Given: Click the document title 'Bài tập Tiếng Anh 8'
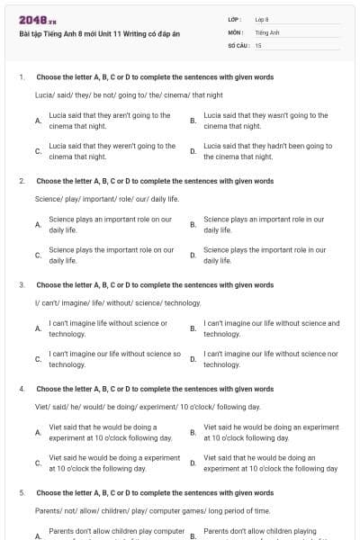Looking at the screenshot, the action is pos(89,33).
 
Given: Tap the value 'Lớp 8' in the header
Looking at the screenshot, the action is pos(262,19).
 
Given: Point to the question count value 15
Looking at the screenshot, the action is pos(258,44).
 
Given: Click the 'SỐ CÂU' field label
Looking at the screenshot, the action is pos(238,44).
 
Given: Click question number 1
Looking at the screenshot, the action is pos(20,77).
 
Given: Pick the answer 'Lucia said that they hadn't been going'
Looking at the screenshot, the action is pos(267,150).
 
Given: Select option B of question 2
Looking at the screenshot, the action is pos(264,224).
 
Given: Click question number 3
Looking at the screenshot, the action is pos(20,284).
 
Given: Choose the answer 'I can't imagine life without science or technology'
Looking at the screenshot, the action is pos(107,328).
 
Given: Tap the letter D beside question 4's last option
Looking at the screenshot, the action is pos(193,463).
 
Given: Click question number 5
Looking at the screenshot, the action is pos(20,492).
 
